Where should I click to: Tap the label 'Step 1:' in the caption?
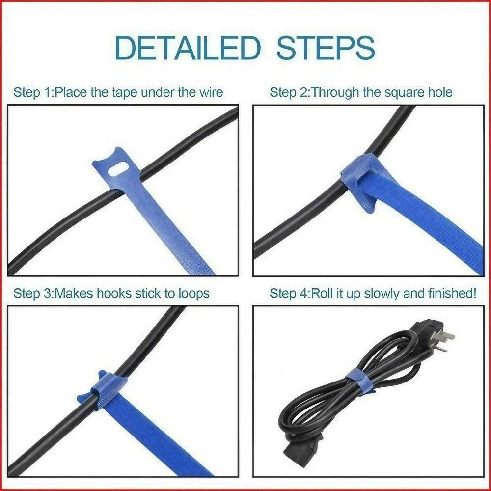coord(33,92)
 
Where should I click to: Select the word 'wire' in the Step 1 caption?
coord(210,92)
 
